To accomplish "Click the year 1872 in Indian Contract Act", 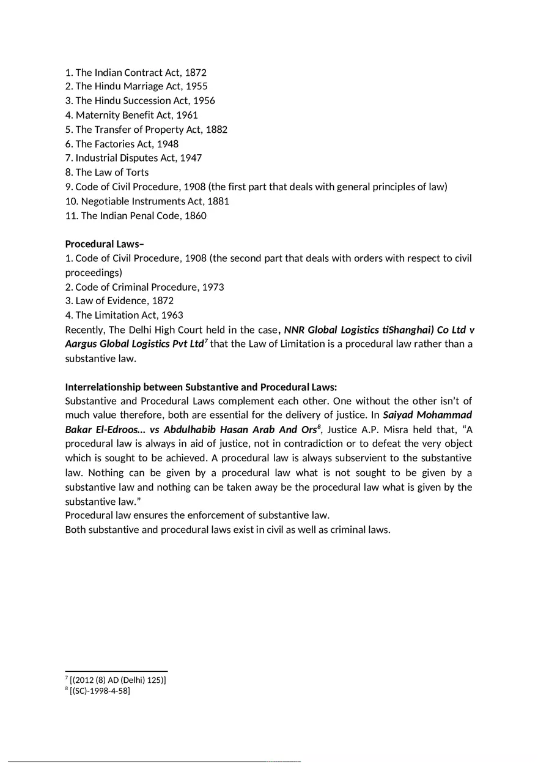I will pyautogui.click(x=195, y=72).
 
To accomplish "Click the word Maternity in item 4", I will pyautogui.click(x=97, y=115).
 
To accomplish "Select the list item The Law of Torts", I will pyautogui.click(x=107, y=173).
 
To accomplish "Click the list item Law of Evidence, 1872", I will pyautogui.click(x=119, y=301).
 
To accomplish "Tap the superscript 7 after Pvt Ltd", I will pyautogui.click(x=206, y=340).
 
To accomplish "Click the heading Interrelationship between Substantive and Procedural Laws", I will pyautogui.click(x=201, y=387).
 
